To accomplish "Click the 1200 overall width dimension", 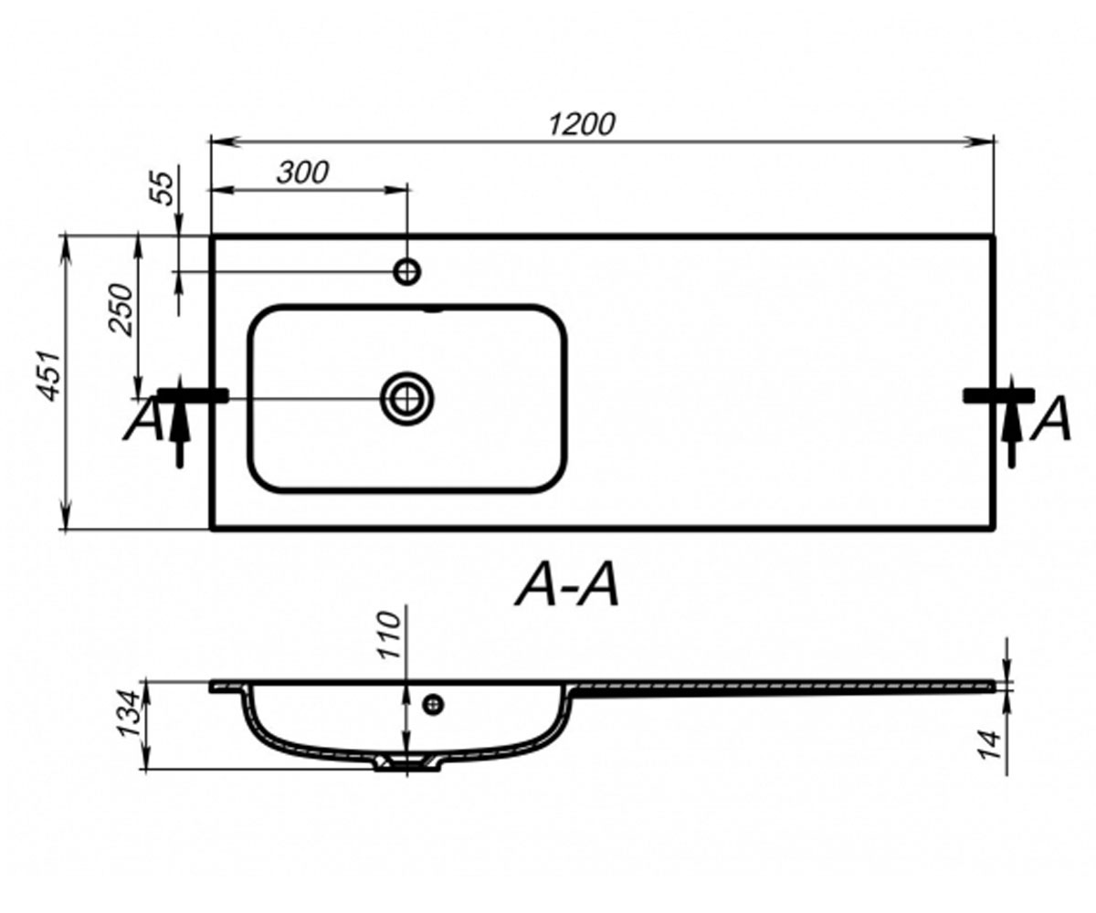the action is click(581, 125).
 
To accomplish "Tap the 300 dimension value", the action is click(303, 173).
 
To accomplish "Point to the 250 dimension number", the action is click(121, 310).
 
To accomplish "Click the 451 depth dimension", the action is click(49, 375).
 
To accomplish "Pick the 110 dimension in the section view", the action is click(391, 635).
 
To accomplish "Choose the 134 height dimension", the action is click(129, 714).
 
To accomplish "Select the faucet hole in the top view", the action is click(406, 272).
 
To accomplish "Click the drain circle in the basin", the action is click(406, 399).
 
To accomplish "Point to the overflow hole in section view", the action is click(434, 705).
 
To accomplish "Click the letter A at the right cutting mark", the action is click(1051, 418).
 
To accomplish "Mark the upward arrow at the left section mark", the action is click(180, 421).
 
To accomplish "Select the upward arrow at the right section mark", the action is click(1011, 421).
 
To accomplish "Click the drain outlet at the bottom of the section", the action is click(408, 763).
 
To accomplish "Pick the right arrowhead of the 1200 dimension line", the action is click(981, 142).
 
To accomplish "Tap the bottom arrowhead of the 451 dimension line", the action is click(66, 516).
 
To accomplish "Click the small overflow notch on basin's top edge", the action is click(434, 310).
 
